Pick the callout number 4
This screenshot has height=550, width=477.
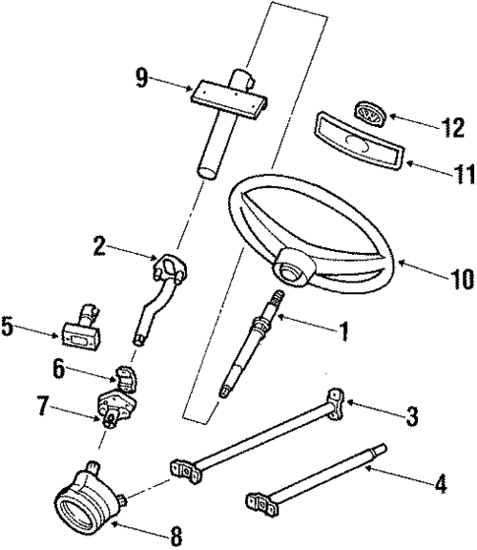(x=440, y=484)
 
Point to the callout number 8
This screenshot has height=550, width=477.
(x=175, y=537)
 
